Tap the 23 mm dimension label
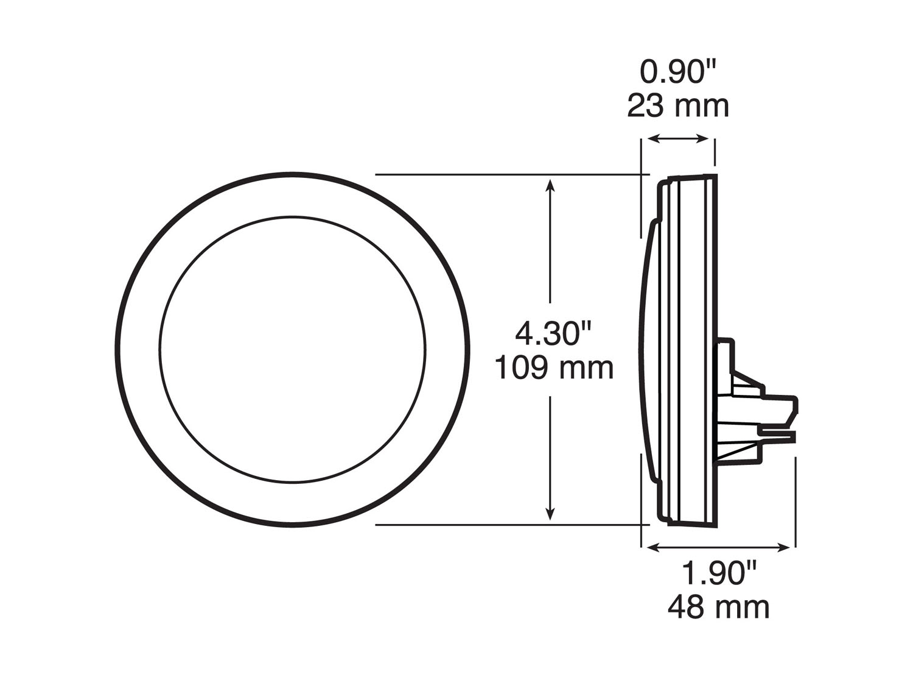678,106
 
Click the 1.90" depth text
718,573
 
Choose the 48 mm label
718,607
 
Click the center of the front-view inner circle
293,349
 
